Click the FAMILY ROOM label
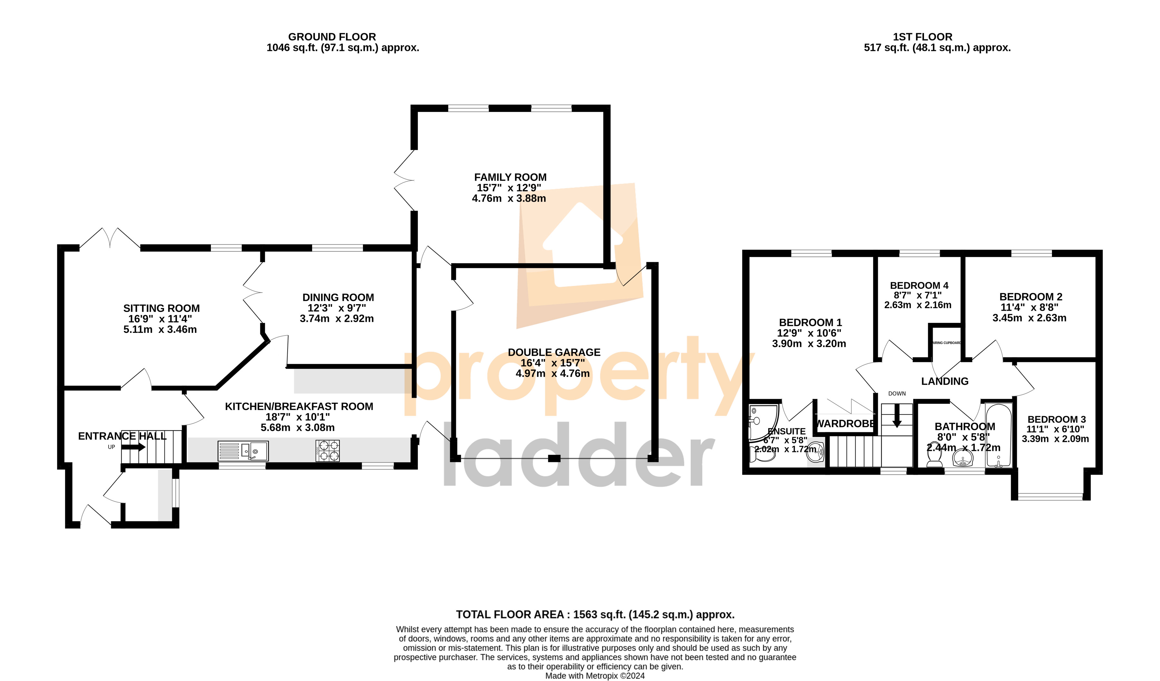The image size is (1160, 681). [510, 177]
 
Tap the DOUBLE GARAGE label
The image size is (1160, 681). [554, 352]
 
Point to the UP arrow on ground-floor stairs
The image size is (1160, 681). [134, 446]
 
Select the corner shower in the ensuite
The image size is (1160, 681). [762, 421]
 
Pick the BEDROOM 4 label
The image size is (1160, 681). [919, 285]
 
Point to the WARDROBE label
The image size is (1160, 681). [845, 424]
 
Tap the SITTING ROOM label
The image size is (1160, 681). [161, 308]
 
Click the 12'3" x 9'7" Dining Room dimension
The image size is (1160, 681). [337, 308]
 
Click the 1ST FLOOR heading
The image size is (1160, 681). [922, 37]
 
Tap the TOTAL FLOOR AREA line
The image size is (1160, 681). [595, 614]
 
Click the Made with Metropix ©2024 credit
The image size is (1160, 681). [595, 676]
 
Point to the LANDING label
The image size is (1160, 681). [945, 381]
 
